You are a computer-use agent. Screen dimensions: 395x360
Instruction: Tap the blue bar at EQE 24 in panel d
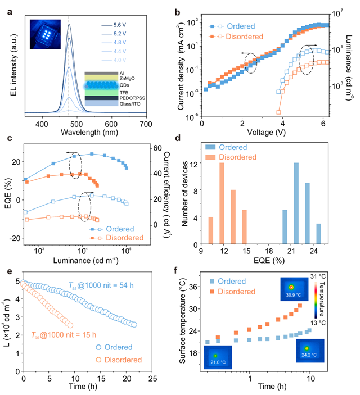coord(318,234)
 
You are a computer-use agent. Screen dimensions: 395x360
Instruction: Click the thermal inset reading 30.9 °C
coord(291,289)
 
